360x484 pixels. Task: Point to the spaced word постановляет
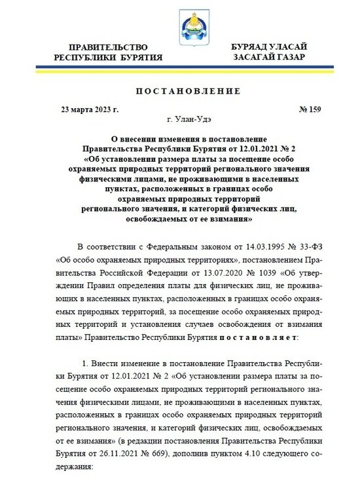pyautogui.click(x=259, y=336)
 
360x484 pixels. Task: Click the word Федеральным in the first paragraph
pyautogui.click(x=162, y=246)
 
